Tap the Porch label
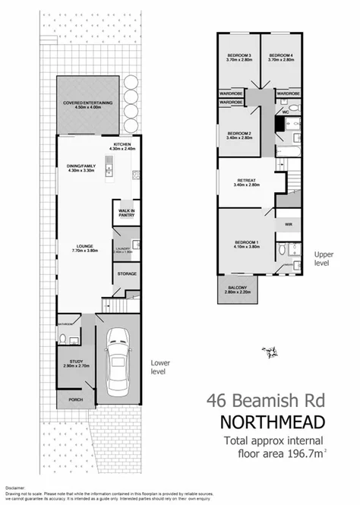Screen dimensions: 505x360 click(76, 399)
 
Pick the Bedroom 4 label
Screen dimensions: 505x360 click(281, 58)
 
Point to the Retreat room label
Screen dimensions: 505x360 click(248, 181)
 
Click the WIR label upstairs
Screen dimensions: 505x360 click(288, 225)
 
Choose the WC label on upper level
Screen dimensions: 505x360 click(287, 112)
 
